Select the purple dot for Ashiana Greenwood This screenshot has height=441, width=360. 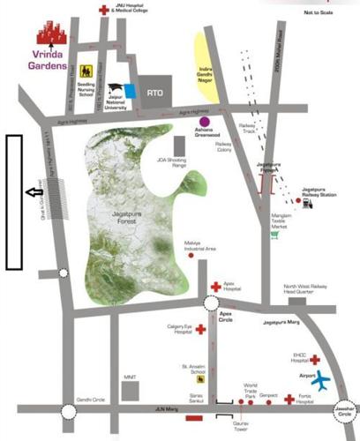tap(205, 121)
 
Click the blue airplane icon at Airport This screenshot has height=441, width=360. tap(322, 380)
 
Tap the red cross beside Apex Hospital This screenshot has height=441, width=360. tap(215, 288)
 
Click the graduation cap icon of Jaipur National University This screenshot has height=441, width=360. tap(115, 89)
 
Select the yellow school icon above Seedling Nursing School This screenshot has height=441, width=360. tap(86, 71)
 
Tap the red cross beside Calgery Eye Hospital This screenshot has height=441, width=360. tap(199, 330)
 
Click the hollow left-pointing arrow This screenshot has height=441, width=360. tap(34, 191)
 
